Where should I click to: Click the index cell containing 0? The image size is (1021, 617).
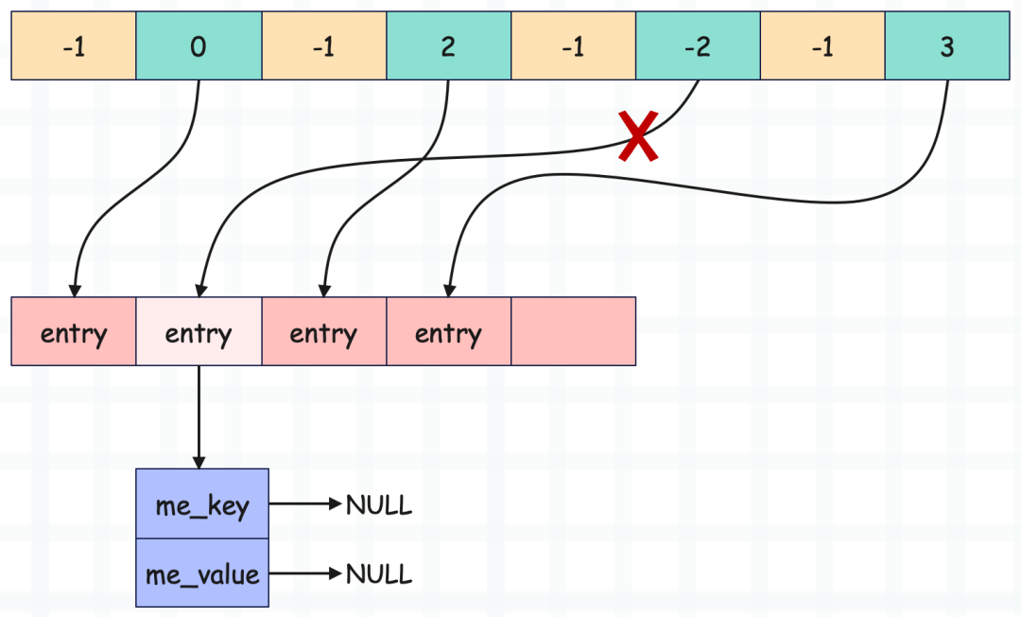(199, 45)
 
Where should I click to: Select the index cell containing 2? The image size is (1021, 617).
(449, 45)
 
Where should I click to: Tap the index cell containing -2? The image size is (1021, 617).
(698, 45)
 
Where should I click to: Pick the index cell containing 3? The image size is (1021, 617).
(947, 45)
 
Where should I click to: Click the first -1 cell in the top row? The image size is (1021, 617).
(74, 45)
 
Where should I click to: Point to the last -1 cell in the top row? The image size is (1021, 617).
(823, 45)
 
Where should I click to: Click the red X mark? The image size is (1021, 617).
(638, 135)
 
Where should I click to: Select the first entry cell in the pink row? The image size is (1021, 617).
(74, 331)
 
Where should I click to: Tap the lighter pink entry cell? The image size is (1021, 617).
(199, 331)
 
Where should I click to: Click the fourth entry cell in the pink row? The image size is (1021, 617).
(449, 331)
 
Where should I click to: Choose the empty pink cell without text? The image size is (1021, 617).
(574, 331)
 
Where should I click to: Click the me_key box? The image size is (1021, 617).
(202, 503)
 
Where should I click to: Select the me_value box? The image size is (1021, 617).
(202, 573)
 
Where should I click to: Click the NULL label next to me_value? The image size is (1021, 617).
(379, 574)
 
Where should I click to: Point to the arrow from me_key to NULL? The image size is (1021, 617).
(305, 503)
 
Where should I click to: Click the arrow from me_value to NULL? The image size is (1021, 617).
(305, 573)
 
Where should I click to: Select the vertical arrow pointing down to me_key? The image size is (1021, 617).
(199, 417)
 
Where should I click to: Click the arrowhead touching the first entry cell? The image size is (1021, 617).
(75, 291)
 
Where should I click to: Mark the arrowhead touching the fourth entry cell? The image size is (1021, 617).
(449, 291)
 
